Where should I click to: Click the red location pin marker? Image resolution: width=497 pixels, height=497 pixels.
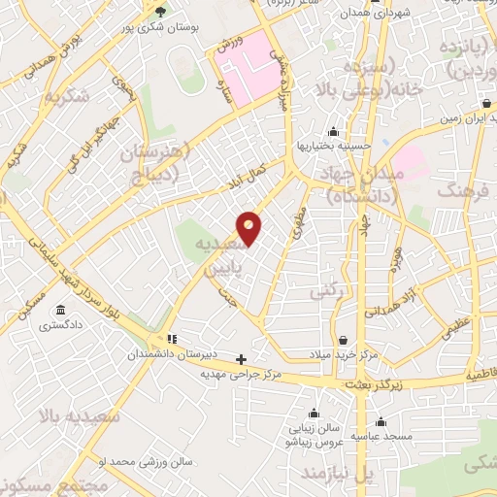tap(249, 227)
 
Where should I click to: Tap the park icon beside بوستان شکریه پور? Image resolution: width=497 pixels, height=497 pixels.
tap(160, 12)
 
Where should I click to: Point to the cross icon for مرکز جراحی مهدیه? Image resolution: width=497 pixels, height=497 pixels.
tap(242, 359)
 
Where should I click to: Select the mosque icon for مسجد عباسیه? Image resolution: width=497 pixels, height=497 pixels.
tap(381, 422)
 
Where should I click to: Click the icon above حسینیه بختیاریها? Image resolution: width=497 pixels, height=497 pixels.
tap(334, 132)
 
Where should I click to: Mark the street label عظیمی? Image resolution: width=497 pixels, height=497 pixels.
tap(457, 328)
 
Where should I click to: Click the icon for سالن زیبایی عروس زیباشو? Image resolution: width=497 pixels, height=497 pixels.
tap(312, 412)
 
